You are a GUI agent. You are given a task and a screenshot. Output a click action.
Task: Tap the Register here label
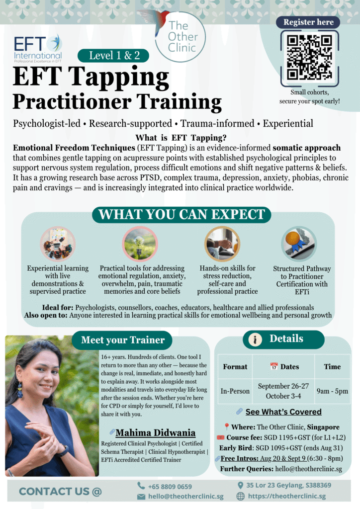point(308,22)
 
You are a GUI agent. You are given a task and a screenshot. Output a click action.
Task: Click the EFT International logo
point(38,49)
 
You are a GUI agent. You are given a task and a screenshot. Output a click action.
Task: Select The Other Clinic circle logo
point(180,37)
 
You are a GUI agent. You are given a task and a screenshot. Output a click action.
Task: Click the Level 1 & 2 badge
point(113,56)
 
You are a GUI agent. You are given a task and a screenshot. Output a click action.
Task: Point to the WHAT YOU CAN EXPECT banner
point(181,215)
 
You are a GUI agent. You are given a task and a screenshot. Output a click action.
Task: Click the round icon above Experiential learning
point(58,244)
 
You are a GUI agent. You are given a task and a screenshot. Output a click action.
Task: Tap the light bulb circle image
point(140,244)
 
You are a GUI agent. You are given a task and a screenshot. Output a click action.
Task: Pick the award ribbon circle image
point(299,244)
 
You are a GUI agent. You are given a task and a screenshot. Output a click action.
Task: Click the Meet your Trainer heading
point(122,340)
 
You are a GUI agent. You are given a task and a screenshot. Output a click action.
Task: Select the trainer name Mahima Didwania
point(156,433)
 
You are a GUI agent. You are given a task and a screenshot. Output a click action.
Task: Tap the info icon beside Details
point(255,339)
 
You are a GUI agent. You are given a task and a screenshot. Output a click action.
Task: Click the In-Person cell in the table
point(235,391)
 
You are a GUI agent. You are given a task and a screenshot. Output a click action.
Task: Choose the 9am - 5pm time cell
point(332,391)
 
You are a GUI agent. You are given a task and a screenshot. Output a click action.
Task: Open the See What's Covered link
point(283,412)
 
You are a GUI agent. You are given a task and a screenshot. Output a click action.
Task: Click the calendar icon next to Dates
point(274,366)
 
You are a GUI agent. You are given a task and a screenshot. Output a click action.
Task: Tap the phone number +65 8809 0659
point(170,486)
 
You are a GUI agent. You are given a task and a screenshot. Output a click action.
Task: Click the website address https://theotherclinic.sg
point(286,496)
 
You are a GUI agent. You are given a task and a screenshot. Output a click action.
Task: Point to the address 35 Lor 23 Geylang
point(288,485)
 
